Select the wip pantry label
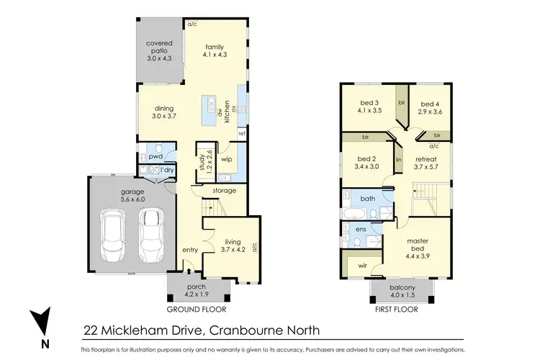(225, 159)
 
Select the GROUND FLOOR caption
(197, 309)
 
